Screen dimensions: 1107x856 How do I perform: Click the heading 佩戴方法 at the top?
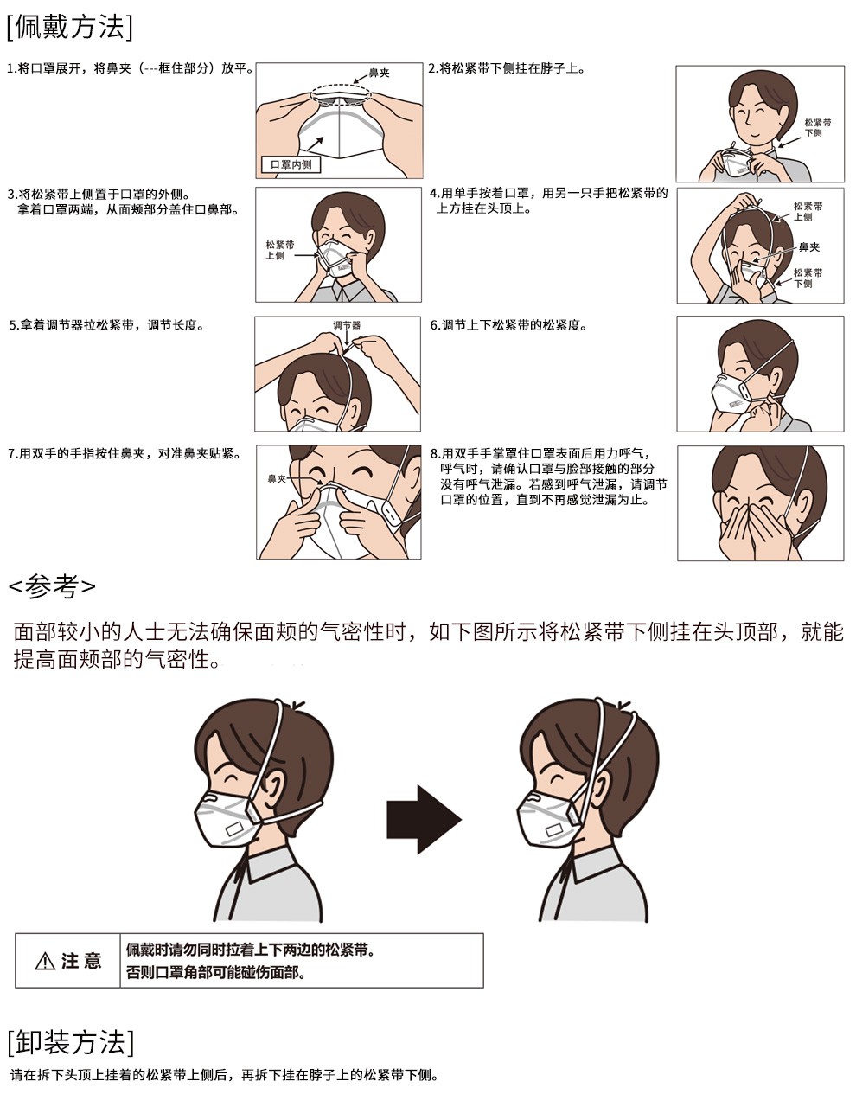click(69, 27)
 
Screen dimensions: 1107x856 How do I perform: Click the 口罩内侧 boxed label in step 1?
click(291, 164)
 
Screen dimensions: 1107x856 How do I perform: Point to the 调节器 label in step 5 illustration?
click(346, 325)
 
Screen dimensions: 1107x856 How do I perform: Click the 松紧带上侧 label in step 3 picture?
click(275, 251)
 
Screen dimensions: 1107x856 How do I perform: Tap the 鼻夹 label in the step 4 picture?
click(808, 247)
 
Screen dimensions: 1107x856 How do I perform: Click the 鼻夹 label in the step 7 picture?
click(277, 478)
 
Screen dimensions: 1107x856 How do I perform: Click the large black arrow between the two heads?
click(423, 819)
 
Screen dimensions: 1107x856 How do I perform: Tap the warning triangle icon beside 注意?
click(44, 961)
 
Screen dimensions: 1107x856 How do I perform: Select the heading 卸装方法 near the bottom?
click(69, 1042)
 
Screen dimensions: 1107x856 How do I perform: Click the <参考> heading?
click(52, 585)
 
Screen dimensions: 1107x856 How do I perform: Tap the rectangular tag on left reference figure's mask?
click(234, 829)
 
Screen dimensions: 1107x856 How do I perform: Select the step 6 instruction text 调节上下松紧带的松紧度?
click(508, 325)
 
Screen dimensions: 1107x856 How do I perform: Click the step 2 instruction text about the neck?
click(506, 68)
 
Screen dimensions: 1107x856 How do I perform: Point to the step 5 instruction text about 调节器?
click(105, 325)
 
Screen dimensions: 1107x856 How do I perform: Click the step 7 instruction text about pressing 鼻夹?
click(125, 453)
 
